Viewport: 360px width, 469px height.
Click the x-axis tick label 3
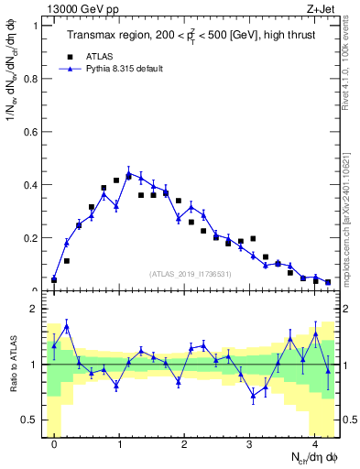click(x=250, y=444)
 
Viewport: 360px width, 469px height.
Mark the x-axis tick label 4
click(x=315, y=444)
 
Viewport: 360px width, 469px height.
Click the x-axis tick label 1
click(x=119, y=444)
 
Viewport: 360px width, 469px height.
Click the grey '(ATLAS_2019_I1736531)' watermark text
click(x=191, y=274)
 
